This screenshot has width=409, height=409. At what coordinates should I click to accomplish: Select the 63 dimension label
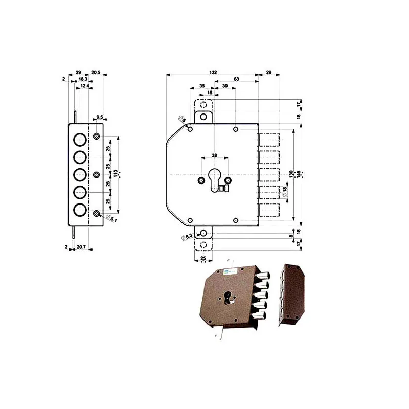[236, 79]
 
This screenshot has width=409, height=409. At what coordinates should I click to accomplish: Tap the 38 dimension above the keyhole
[214, 155]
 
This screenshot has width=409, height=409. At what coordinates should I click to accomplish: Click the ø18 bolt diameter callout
[285, 192]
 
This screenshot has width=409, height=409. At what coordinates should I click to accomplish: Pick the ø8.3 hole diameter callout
[187, 236]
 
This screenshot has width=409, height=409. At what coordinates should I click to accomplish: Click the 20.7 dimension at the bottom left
[80, 247]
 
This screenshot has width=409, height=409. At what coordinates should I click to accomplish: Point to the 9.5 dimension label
[100, 117]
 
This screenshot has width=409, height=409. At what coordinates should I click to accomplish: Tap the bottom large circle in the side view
[79, 210]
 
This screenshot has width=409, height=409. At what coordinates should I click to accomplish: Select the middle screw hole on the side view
[97, 175]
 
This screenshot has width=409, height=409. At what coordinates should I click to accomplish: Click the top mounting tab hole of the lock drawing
[203, 117]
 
